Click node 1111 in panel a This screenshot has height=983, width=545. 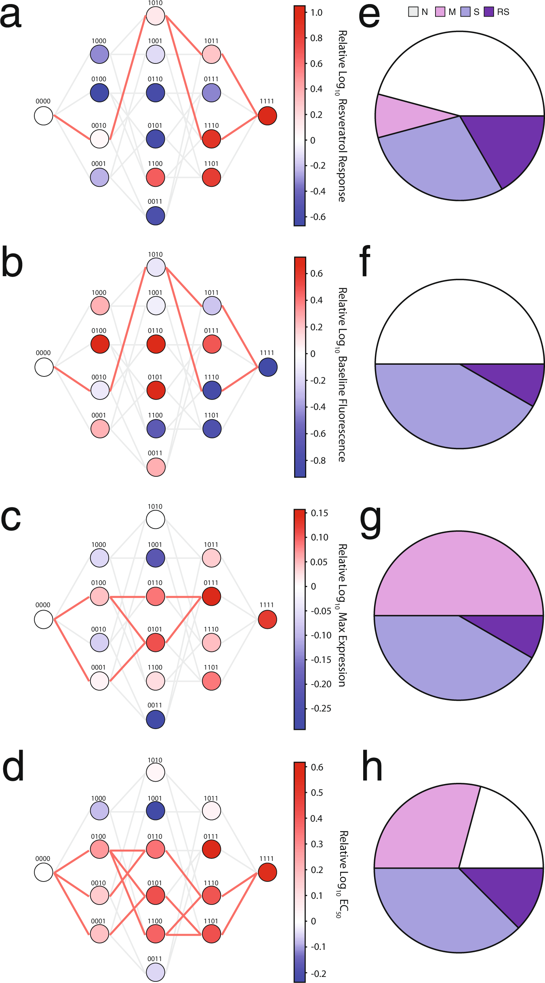[267, 116]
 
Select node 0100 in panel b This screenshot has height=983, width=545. [100, 344]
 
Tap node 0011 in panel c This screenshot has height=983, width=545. [156, 719]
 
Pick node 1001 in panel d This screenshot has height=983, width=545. [156, 811]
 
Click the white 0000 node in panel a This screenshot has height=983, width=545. [44, 116]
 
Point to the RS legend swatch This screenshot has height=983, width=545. [489, 12]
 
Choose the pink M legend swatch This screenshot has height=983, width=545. [440, 12]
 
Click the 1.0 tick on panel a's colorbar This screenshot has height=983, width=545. [316, 13]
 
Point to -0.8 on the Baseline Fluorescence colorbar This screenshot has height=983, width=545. [318, 461]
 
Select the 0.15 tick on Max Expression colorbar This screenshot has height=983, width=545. [319, 513]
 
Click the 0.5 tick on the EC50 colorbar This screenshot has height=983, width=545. [317, 793]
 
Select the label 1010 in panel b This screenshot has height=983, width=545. [156, 254]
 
